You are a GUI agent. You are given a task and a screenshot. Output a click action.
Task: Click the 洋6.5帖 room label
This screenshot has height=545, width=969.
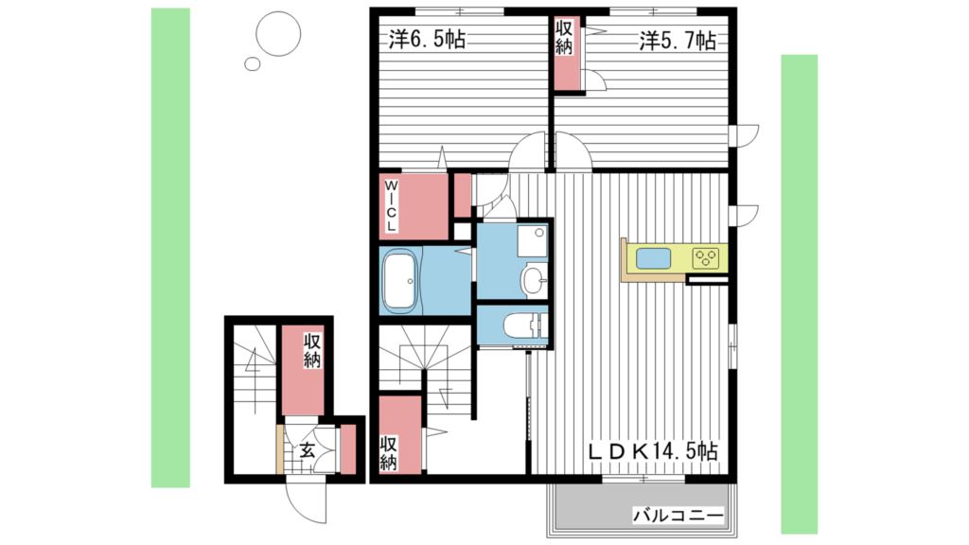coord(427,40)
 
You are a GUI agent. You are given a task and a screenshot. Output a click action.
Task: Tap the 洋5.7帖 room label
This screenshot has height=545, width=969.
coord(678,42)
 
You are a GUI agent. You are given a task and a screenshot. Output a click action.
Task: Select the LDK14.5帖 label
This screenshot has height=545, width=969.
coord(653,450)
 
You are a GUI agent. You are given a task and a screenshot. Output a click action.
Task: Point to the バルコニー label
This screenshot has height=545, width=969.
coord(678,514)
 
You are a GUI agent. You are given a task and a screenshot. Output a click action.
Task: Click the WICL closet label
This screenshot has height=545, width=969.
coord(391,205)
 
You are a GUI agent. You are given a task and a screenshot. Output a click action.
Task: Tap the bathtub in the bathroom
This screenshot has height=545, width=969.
coord(401,280)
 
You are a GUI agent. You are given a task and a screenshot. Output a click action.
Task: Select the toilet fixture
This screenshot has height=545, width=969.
coord(525,325)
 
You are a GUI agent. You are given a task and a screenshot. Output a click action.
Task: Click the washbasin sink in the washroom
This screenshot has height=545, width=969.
coord(533,280)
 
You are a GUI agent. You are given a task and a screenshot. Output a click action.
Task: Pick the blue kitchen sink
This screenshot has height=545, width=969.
coord(653,258)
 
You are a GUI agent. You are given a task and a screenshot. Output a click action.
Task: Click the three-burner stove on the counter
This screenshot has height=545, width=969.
coord(706,258)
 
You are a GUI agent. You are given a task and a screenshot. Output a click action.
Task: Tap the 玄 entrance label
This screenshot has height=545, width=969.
coord(308,449)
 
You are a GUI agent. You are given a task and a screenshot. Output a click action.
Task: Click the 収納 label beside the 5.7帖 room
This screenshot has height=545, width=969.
coord(564,37)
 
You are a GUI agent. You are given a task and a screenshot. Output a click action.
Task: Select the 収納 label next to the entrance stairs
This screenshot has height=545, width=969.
coord(312,351)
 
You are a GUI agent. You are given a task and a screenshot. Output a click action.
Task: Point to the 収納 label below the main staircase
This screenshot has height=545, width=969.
coord(388,453)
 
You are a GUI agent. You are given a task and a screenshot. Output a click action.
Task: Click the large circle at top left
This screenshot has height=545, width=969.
coord(278,33)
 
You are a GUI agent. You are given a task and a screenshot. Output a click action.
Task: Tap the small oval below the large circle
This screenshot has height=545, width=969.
coord(252,63)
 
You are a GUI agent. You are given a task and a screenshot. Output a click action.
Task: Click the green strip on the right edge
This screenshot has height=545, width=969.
coord(799,294)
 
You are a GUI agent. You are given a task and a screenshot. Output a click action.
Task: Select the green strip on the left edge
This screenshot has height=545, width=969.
coord(170,248)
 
